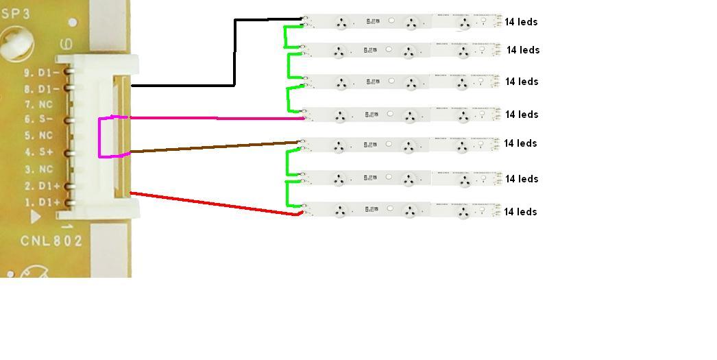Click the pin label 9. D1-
[x=42, y=72]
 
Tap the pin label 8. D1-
[x=42, y=88]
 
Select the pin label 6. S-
[x=39, y=120]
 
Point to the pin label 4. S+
[x=39, y=152]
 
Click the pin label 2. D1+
[x=42, y=186]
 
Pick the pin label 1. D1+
[x=42, y=202]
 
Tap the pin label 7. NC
[x=39, y=104]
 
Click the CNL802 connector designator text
[x=51, y=241]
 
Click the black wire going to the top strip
[x=235, y=55]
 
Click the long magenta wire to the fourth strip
[x=219, y=118]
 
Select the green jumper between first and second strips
[x=287, y=37]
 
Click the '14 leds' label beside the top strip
[x=521, y=22]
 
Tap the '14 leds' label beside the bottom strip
[x=520, y=212]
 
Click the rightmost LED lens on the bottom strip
[x=463, y=212]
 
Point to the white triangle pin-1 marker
[x=36, y=217]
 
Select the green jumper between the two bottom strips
[x=287, y=193]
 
